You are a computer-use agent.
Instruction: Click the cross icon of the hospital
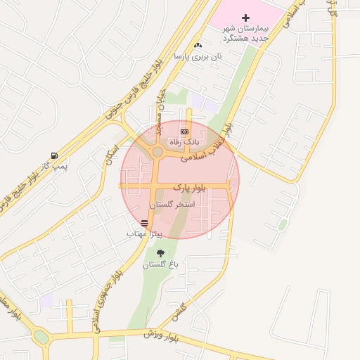pos(245,17)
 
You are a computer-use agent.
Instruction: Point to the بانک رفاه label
pos(184,141)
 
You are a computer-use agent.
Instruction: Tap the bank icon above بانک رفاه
pos(184,131)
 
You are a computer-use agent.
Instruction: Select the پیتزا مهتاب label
pos(145,232)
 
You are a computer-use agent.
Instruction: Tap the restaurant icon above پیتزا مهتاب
pos(145,222)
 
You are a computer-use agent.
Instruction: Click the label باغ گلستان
pos(161,264)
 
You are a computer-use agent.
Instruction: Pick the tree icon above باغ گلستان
pos(161,253)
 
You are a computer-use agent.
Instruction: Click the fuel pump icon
pos(54,155)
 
